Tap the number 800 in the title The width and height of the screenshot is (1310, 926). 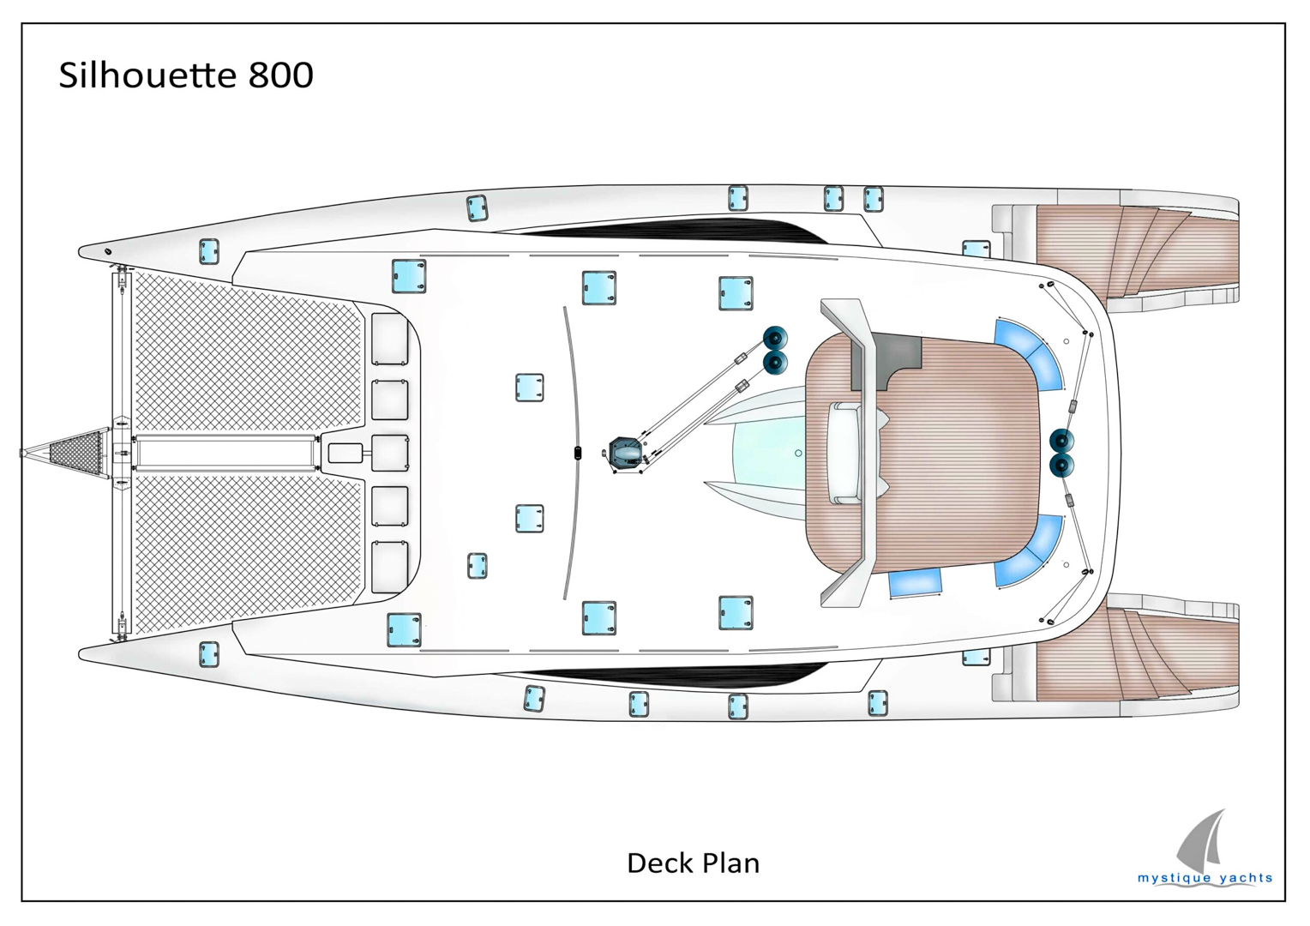coord(281,75)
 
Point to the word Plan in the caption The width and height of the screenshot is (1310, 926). coord(731,863)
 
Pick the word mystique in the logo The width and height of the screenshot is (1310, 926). coord(1173,878)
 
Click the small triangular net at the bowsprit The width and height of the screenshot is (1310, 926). coord(75,452)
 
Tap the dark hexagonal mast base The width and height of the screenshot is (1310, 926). coord(625,453)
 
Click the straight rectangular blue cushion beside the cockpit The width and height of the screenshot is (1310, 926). coord(915,582)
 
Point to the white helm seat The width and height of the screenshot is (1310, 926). coord(844,452)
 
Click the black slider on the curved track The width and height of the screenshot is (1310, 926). coord(578,453)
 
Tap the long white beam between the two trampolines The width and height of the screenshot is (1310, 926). coord(225,452)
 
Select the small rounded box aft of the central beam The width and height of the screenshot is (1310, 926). coord(346,453)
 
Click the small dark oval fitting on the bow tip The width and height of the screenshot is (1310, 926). coord(108,252)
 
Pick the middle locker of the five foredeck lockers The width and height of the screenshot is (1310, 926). coord(390,452)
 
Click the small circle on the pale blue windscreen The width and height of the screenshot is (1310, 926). coord(798,453)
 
